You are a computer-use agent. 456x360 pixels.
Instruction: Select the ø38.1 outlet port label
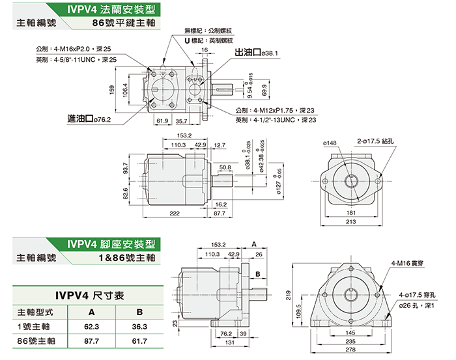tap(269, 53)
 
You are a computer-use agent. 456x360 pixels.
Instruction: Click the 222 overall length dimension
tap(174, 214)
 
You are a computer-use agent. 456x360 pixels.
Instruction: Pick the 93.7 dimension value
tap(125, 169)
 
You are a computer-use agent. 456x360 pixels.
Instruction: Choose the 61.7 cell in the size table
tap(132, 340)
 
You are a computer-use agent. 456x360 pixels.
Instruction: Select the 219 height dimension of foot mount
tap(288, 296)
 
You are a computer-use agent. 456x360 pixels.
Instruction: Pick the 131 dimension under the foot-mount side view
tap(229, 343)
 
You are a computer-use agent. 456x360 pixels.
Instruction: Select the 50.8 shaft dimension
tap(225, 167)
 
